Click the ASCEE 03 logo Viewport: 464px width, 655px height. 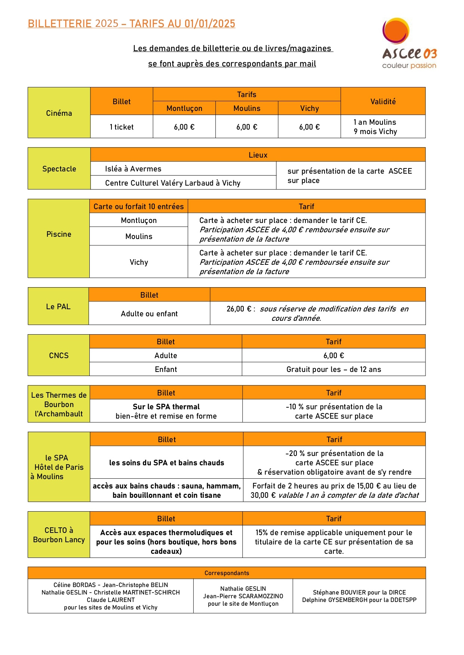[409, 44]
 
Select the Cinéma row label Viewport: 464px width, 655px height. [59, 113]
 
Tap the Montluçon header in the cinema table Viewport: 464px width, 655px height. [184, 108]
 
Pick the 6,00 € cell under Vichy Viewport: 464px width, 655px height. [309, 127]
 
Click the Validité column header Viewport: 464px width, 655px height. [383, 102]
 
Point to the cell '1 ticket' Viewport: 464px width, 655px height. [122, 127]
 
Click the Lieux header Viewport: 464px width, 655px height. [258, 155]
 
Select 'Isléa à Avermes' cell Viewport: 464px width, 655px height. [133, 169]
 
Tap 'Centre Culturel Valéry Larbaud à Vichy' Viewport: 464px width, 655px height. [172, 183]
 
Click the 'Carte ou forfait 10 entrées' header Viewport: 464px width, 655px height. [139, 207]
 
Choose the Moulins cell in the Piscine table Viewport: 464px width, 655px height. [139, 236]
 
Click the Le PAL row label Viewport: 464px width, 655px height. [58, 307]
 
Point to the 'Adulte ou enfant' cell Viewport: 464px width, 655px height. [149, 314]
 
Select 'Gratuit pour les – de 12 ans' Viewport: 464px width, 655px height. [334, 369]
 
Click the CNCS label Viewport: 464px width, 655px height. [59, 356]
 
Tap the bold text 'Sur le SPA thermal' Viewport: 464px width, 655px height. [166, 407]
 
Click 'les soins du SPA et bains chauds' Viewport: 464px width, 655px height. [166, 463]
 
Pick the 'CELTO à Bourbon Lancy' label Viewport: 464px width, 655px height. [59, 535]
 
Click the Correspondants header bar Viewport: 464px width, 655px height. [227, 573]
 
